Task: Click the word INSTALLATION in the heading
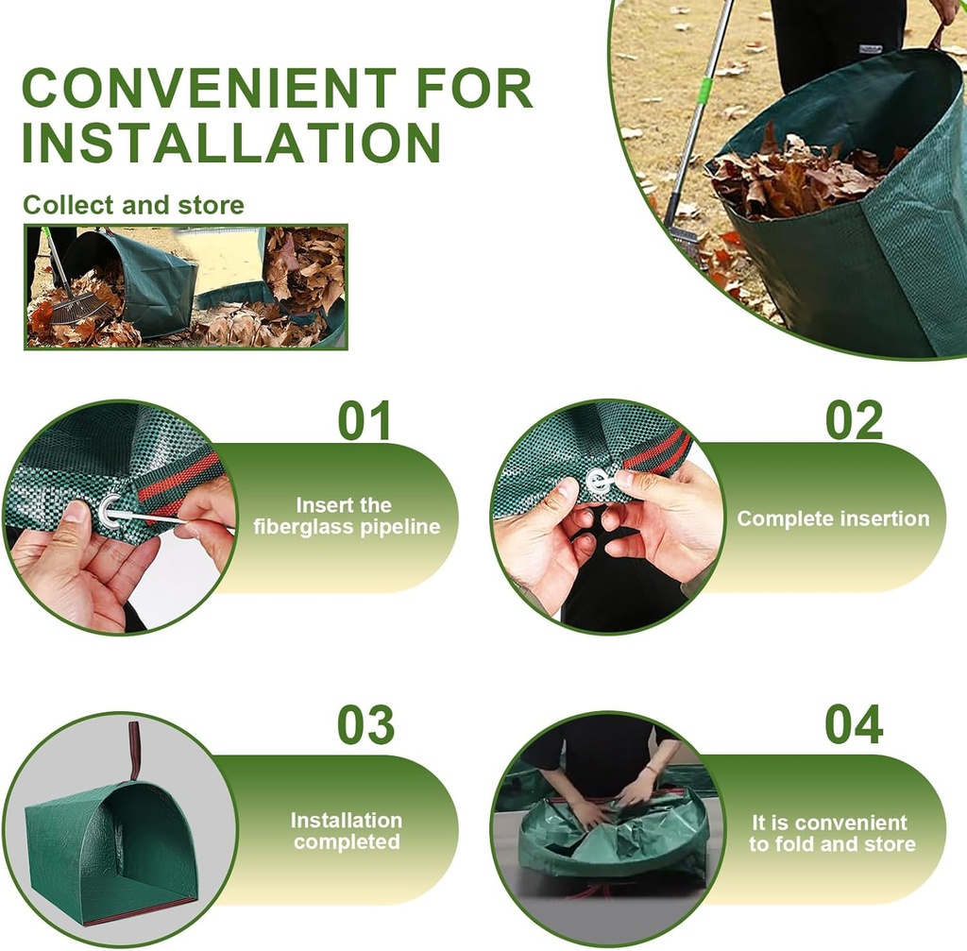231,142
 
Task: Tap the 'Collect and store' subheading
133,205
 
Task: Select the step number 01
365,421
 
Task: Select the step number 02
854,421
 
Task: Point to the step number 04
854,724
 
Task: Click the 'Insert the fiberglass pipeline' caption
347,517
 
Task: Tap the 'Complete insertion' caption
833,518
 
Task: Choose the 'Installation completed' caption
347,831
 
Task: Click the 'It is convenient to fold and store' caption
832,833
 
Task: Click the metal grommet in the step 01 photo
110,511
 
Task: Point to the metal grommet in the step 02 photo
600,481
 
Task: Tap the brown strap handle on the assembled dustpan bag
135,749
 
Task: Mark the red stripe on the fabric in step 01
179,481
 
